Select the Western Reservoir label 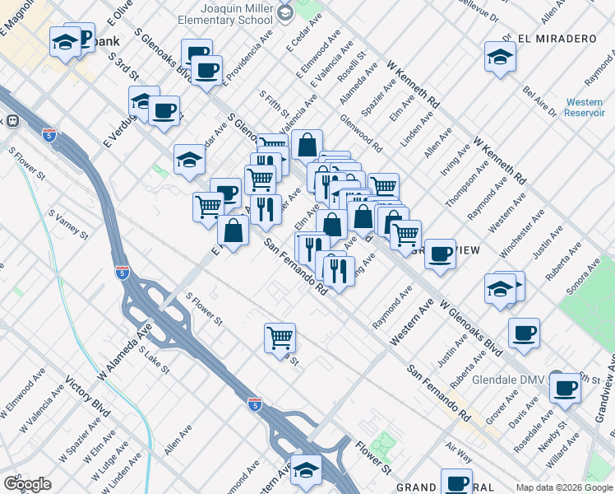tap(584, 108)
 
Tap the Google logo tap(27, 484)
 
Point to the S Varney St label tap(68, 224)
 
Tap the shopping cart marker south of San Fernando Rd tap(280, 337)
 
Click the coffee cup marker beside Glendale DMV tap(565, 388)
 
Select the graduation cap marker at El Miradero tap(499, 58)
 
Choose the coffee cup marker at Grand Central tap(456, 482)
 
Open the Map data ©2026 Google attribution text tap(563, 487)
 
